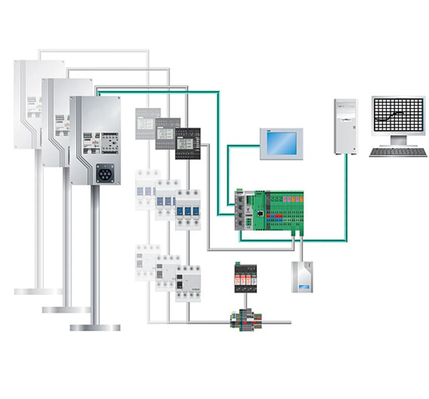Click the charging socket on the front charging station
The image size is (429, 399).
click(x=105, y=173)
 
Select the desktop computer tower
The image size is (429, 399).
click(x=346, y=126)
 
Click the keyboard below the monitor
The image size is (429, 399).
click(x=398, y=152)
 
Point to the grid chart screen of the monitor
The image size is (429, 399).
click(x=398, y=115)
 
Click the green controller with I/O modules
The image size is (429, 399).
click(x=269, y=211)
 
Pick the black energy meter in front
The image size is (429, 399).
click(x=188, y=144)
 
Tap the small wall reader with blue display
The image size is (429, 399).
click(x=302, y=277)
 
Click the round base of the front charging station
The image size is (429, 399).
click(x=95, y=327)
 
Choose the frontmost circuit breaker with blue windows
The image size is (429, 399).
click(x=188, y=210)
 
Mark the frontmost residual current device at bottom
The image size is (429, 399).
click(x=188, y=283)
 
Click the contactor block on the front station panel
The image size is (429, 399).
click(x=110, y=143)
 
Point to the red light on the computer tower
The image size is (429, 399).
click(x=354, y=148)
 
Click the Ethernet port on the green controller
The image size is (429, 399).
click(x=260, y=213)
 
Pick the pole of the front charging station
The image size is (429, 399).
click(x=95, y=255)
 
